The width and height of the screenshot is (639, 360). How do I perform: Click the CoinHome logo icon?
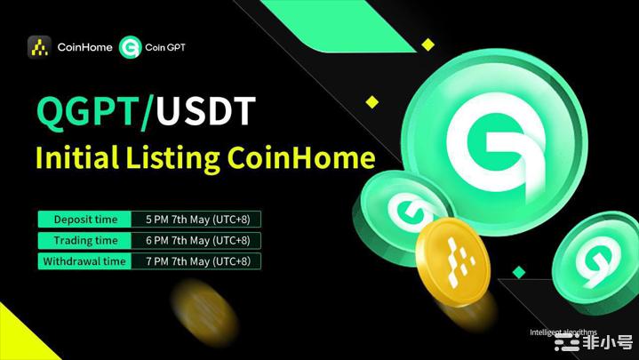(39, 46)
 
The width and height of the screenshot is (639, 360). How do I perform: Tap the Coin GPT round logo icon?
(130, 46)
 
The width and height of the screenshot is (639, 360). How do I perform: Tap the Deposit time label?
(85, 219)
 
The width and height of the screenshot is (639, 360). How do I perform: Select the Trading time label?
(85, 240)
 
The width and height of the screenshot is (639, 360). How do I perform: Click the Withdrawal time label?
(85, 261)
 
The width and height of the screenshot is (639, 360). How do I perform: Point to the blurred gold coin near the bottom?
(205, 312)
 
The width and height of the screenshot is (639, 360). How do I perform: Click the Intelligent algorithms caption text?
(563, 332)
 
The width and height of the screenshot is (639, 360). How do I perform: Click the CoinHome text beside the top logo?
(84, 46)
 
